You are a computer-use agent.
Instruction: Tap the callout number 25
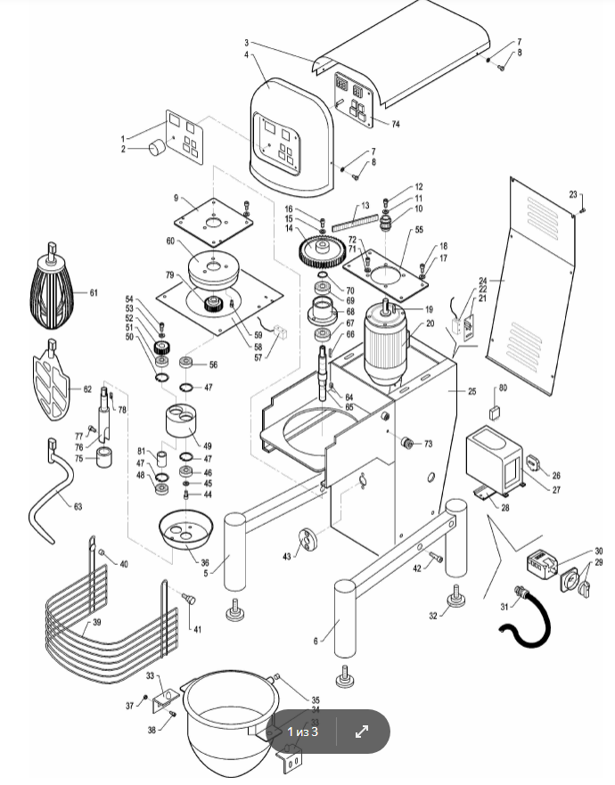click(471, 392)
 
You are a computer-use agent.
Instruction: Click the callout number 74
click(395, 125)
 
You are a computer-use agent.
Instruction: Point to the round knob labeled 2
click(158, 148)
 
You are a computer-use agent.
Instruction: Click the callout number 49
click(207, 446)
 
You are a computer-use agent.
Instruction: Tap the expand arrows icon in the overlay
click(362, 732)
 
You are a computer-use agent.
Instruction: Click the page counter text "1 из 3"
click(302, 732)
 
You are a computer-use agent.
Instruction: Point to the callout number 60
click(169, 241)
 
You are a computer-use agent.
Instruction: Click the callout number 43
click(286, 556)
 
